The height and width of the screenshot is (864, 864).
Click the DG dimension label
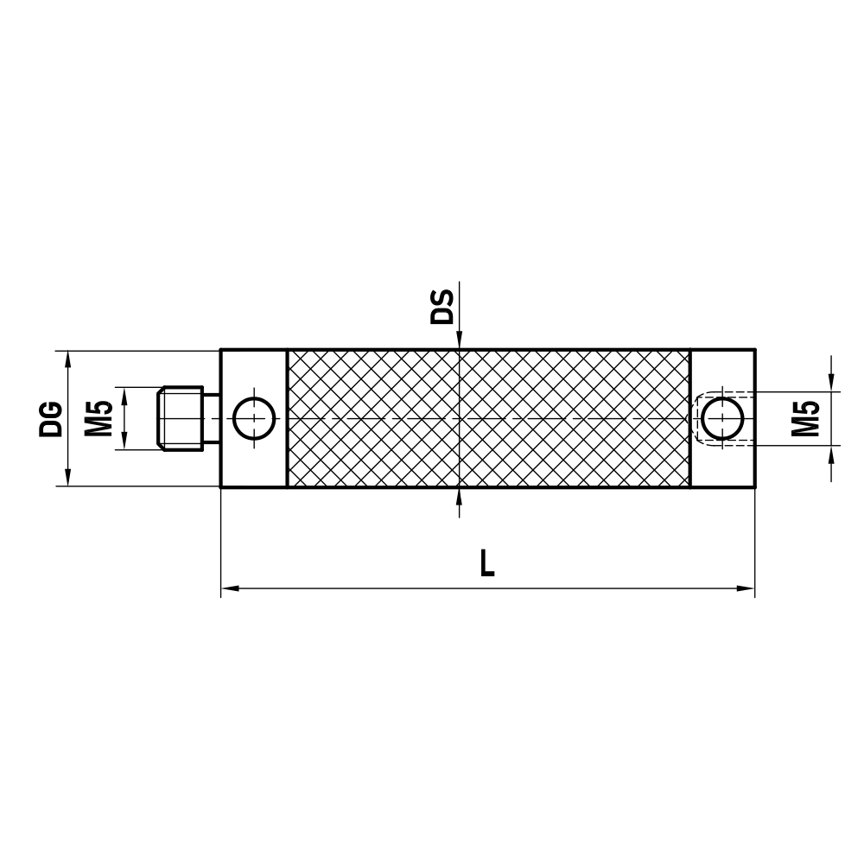51,418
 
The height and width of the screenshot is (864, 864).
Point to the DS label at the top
442,306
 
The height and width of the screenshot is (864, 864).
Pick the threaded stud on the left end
181,419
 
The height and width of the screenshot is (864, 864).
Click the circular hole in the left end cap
253,419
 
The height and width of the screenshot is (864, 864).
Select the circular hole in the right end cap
721,419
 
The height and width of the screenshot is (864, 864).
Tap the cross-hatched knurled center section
488,419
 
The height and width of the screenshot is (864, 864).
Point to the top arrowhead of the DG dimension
67,359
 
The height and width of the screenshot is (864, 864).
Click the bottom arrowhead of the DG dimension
67,479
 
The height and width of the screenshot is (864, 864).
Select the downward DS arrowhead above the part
460,342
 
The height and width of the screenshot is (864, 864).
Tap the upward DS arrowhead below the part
460,497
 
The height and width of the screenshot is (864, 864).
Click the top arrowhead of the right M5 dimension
831,384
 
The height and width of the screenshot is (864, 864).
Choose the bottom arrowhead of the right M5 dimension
831,454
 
